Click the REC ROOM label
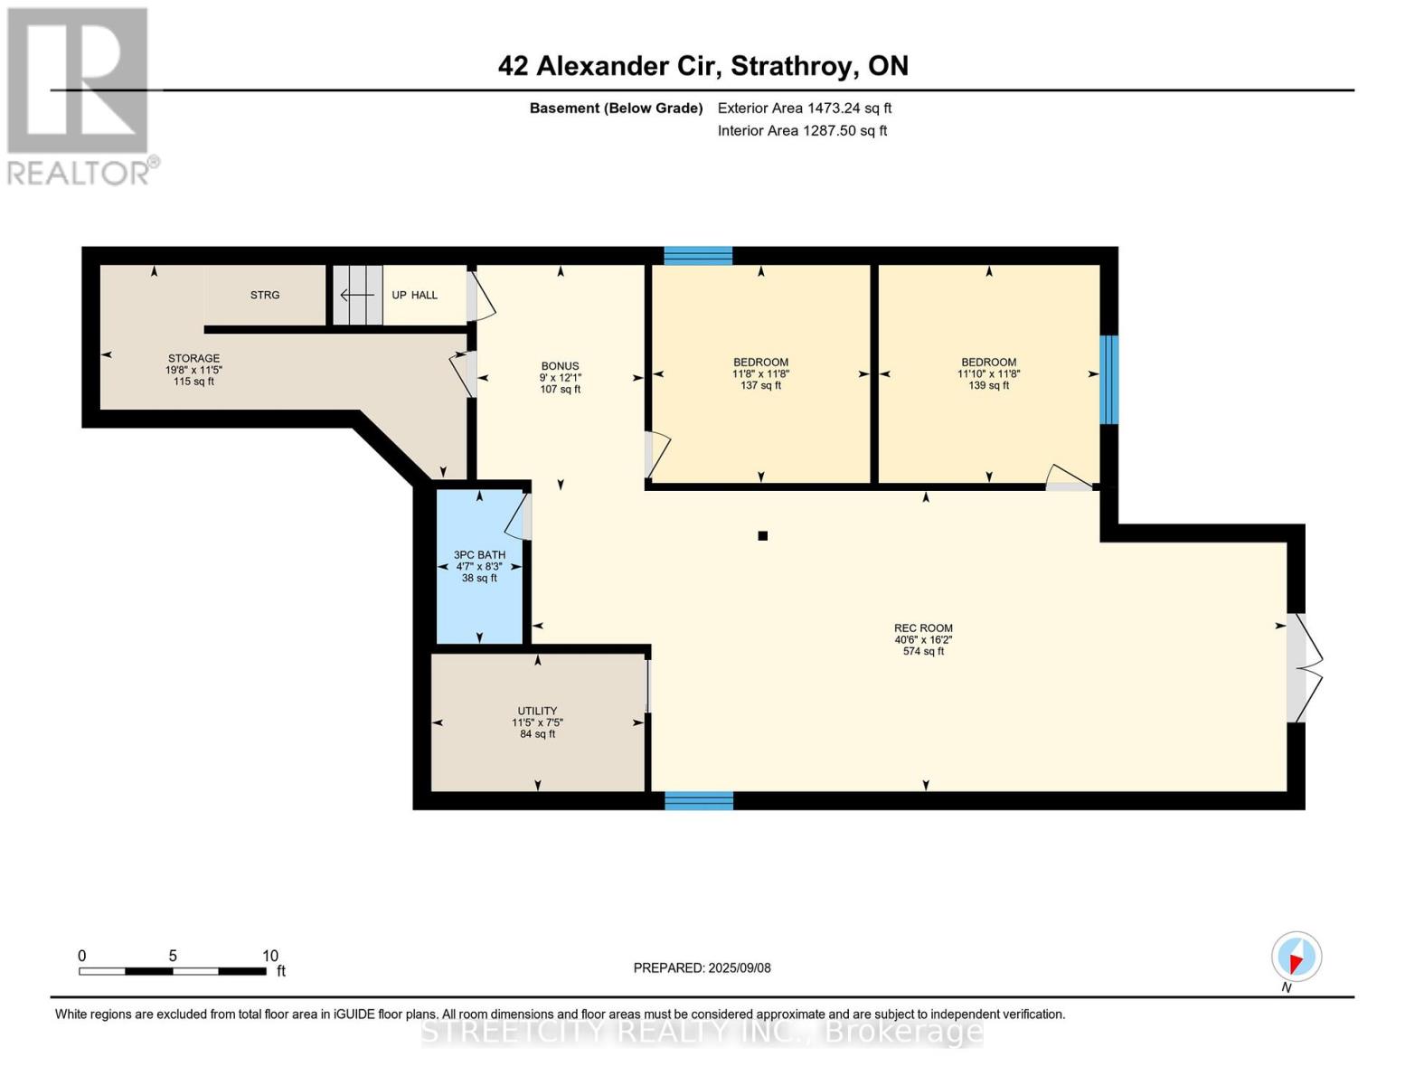pyautogui.click(x=923, y=628)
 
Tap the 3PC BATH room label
pyautogui.click(x=479, y=555)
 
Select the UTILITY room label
pyautogui.click(x=537, y=711)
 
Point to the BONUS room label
pyautogui.click(x=560, y=366)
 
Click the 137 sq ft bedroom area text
pyautogui.click(x=760, y=386)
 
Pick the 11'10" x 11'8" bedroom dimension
pyautogui.click(x=988, y=374)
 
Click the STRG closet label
pyautogui.click(x=265, y=295)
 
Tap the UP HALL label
pyautogui.click(x=414, y=295)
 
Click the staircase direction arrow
pyautogui.click(x=357, y=295)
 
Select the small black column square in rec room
pyautogui.click(x=762, y=536)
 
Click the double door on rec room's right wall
pyautogui.click(x=1304, y=668)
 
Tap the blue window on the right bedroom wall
pyautogui.click(x=1108, y=380)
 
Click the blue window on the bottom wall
pyautogui.click(x=699, y=800)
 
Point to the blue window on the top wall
pyautogui.click(x=698, y=255)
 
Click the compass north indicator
pyautogui.click(x=1297, y=958)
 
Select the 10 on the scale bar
pyautogui.click(x=270, y=956)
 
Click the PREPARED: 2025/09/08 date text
pyautogui.click(x=702, y=967)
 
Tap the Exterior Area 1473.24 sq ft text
pyautogui.click(x=804, y=108)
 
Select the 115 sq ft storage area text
pyautogui.click(x=193, y=382)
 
